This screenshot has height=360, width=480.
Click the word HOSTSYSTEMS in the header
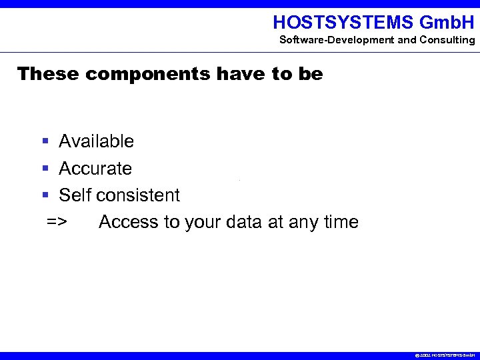coord(343,22)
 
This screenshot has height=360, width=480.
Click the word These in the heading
coord(47,73)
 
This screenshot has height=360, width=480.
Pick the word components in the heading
coord(147,73)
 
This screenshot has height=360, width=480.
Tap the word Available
coord(96,141)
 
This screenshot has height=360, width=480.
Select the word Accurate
coord(95,169)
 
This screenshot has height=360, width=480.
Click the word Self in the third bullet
coord(75,195)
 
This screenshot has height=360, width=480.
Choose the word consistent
coord(138,195)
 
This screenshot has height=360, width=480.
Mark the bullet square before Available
coord(45,141)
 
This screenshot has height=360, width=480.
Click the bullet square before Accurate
coord(45,169)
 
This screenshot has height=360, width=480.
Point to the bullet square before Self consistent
coord(45,195)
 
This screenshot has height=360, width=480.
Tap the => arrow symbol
coord(56,222)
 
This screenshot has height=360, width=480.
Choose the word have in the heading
coord(241,73)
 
